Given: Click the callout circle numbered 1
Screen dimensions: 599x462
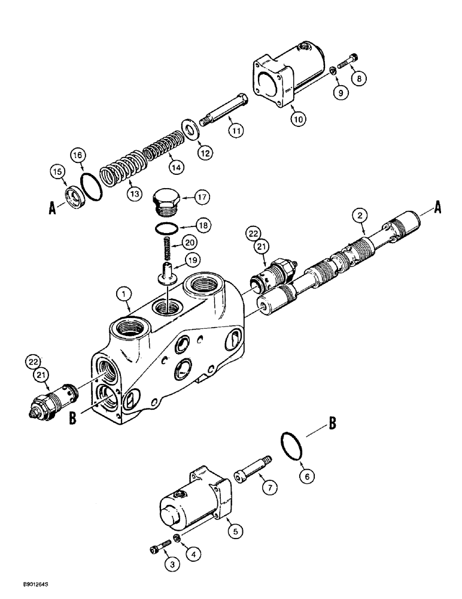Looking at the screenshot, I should click(x=123, y=294).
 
